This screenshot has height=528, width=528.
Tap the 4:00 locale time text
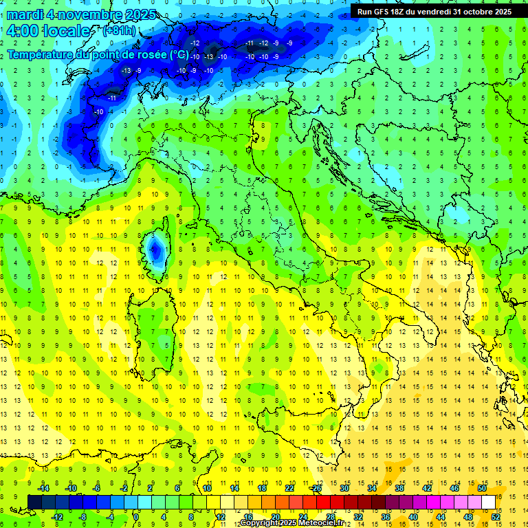tap(48, 32)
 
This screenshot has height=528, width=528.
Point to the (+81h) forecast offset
tap(119, 32)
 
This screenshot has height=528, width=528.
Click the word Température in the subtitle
tap(38, 54)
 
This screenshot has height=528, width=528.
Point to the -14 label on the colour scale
tap(43, 488)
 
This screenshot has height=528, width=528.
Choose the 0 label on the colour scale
tap(136, 517)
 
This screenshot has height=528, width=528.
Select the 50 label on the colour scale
tap(482, 488)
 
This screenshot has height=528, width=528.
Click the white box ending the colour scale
tap(488, 502)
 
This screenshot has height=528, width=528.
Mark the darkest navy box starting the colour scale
tap(35, 502)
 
